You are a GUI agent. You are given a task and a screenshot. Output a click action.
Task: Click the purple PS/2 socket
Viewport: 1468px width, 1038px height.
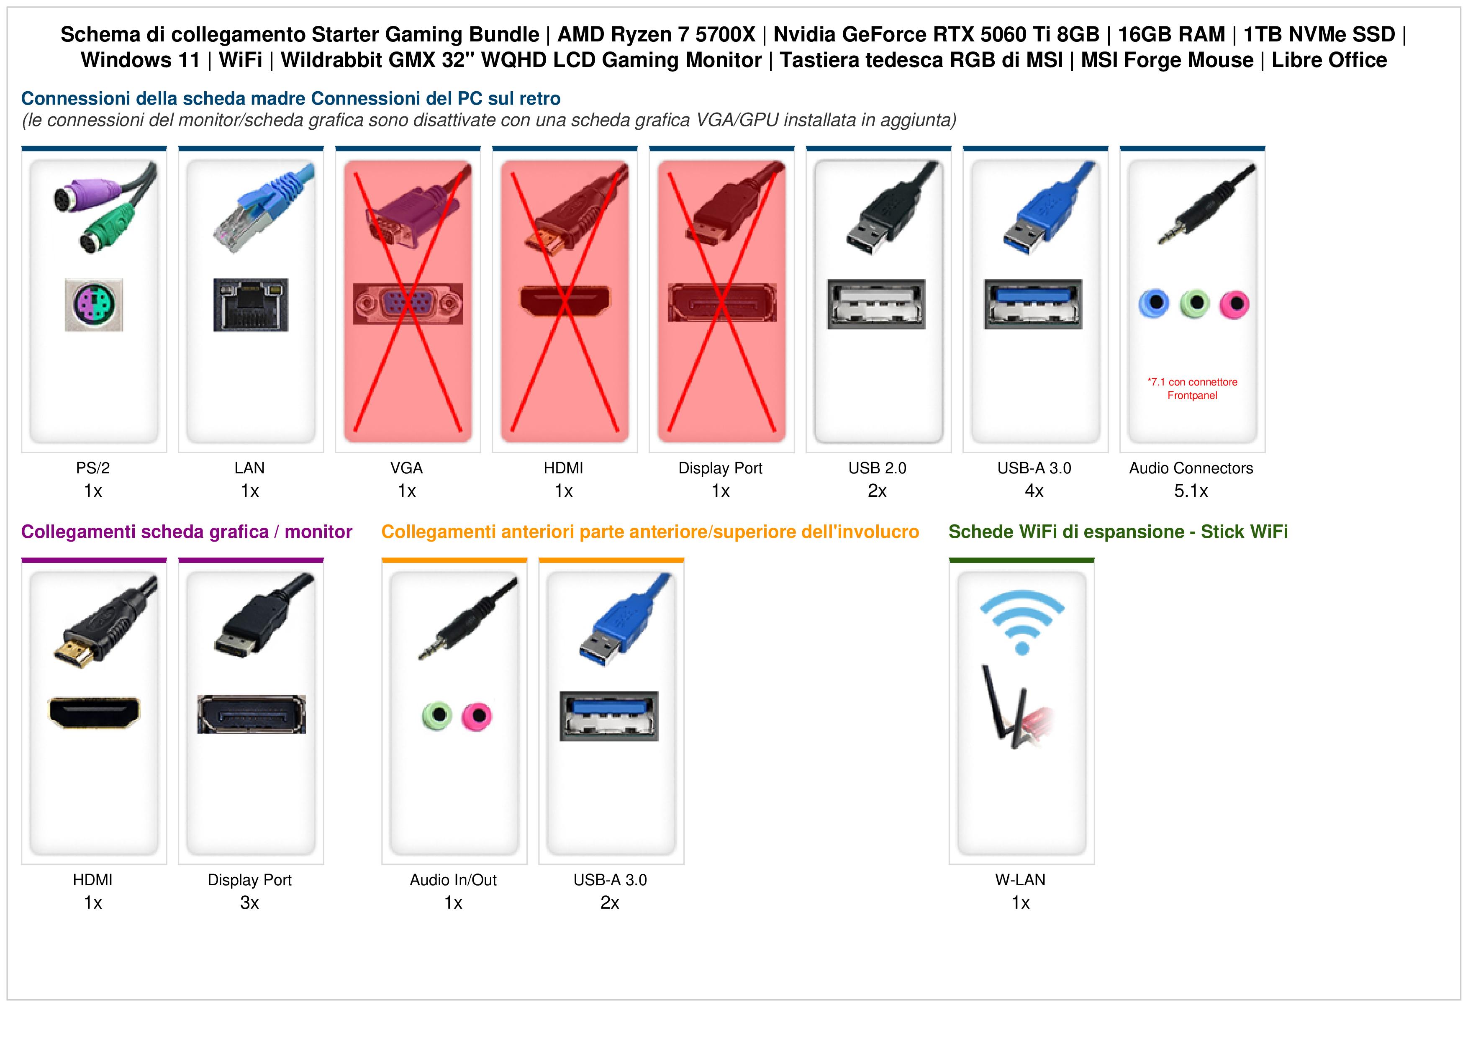click(x=94, y=304)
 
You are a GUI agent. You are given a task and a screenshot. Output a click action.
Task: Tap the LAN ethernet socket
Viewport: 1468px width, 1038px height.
click(x=251, y=304)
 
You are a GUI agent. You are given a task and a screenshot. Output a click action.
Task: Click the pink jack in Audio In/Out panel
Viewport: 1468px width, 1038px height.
click(x=477, y=716)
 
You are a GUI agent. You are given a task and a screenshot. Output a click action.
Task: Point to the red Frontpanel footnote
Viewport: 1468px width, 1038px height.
click(x=1192, y=389)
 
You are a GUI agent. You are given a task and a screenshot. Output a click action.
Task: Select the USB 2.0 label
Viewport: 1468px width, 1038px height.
click(x=877, y=468)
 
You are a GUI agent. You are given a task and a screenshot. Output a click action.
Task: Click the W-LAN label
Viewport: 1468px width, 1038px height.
click(x=1020, y=880)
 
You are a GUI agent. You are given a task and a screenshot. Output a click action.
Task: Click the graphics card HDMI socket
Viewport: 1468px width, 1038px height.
click(x=94, y=712)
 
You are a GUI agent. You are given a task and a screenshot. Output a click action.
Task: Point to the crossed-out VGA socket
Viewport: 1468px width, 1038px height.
click(x=408, y=304)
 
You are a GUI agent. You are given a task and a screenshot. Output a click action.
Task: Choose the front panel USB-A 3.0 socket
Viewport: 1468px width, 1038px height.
click(x=609, y=716)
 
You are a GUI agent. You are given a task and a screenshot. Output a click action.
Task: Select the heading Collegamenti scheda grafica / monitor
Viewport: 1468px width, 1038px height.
click(x=187, y=532)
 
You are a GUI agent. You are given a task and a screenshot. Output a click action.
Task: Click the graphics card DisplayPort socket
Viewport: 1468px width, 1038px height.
click(x=251, y=714)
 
